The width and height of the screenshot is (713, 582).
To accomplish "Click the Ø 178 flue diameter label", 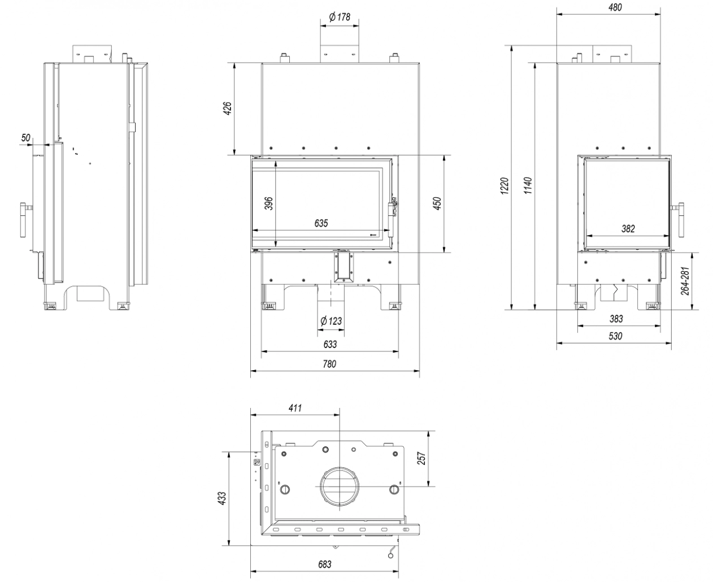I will (x=340, y=17).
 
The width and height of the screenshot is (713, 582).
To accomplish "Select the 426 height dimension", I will (x=227, y=108).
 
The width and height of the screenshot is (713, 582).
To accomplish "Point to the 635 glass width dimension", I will (x=320, y=223).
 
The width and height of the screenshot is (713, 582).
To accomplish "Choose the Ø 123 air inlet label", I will (x=331, y=321).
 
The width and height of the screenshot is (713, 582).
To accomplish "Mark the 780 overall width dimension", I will (x=329, y=364).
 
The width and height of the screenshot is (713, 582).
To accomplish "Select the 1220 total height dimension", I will (x=505, y=186).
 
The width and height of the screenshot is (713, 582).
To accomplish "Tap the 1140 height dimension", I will (x=527, y=186).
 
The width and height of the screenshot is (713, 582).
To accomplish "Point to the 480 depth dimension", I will (x=615, y=7).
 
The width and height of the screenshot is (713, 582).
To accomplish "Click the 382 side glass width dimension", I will (x=628, y=229).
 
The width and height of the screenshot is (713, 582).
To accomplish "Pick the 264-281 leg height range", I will (x=684, y=280).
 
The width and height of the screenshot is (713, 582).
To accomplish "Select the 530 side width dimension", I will (x=615, y=336).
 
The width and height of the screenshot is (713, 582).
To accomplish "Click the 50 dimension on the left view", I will (x=25, y=137).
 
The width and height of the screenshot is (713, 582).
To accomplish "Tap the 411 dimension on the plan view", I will (x=295, y=407).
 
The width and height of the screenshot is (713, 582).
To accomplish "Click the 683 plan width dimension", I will (x=325, y=564).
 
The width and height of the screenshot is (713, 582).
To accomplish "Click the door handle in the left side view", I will (x=24, y=220).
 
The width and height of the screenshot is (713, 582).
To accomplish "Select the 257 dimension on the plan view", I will (x=421, y=459).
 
